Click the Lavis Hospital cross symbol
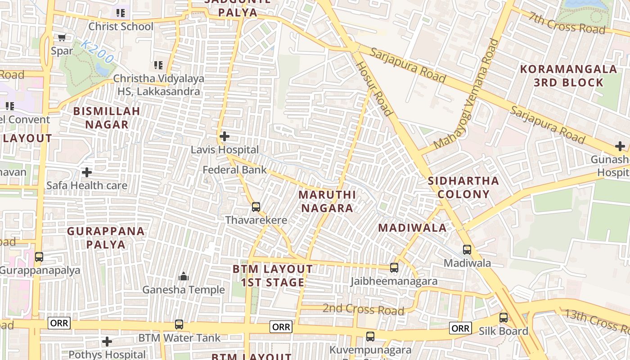coord(224,136)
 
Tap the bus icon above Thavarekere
coord(256,207)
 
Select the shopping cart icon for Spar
coord(62,38)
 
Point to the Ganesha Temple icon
coord(184,276)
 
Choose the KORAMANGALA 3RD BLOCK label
coord(568,76)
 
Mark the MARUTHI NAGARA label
coord(327,202)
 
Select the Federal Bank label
coord(234,170)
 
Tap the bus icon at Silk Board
coord(504,318)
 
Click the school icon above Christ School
coord(120,13)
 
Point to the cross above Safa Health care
coord(87,172)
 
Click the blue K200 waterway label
coord(98,52)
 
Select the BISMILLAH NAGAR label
coord(107,118)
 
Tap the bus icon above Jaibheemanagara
coord(394,268)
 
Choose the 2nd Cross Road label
coord(363,310)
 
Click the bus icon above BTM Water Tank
coord(179,324)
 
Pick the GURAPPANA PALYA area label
coord(106,238)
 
